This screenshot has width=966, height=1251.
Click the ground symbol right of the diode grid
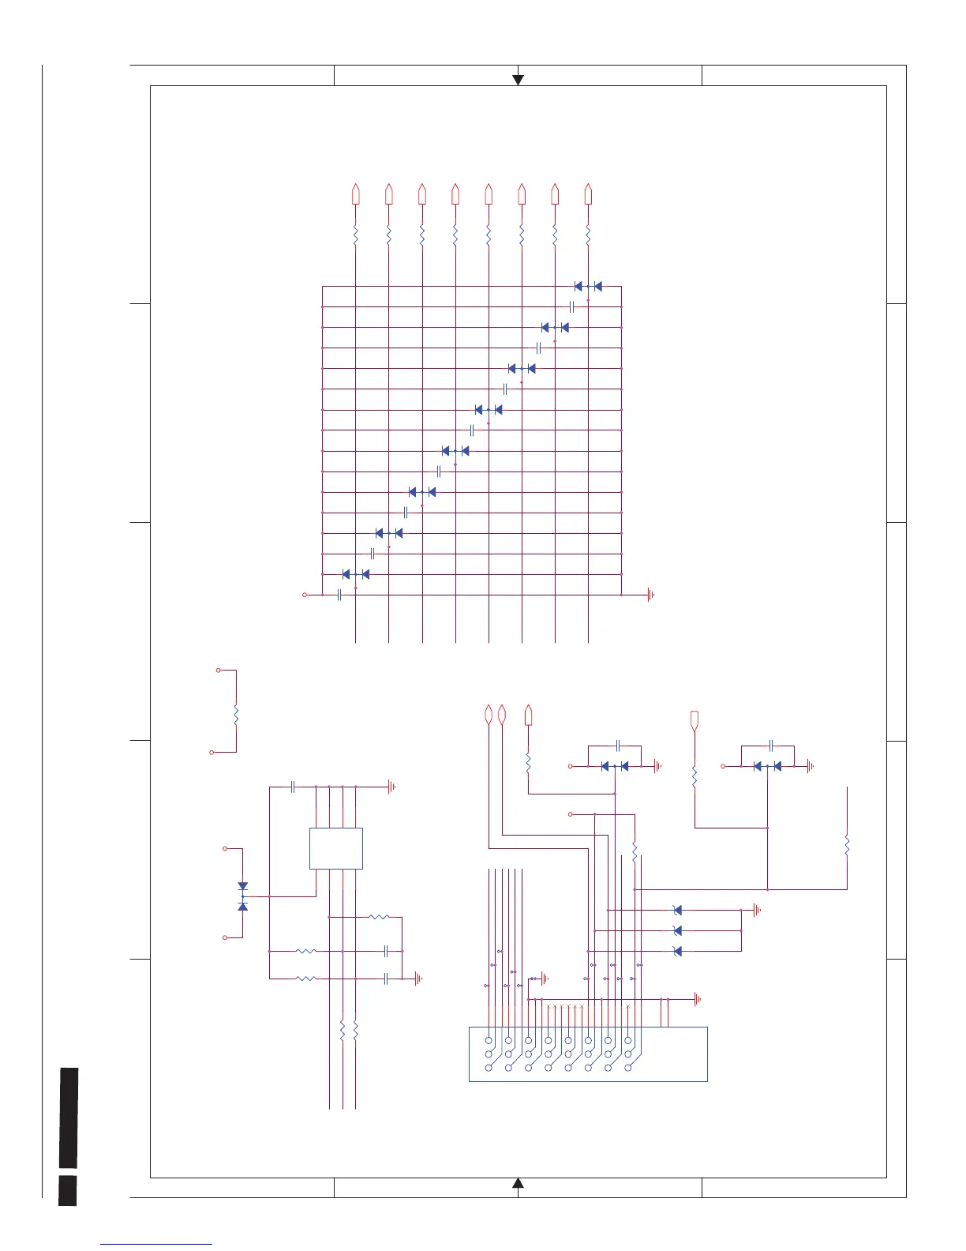click(x=650, y=595)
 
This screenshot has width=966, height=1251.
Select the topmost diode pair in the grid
click(x=588, y=287)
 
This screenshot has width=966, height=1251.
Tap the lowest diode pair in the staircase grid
click(x=356, y=574)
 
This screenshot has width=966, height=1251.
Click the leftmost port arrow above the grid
click(x=356, y=193)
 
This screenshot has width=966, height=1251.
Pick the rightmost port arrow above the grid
click(x=588, y=193)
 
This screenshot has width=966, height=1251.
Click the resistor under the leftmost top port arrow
click(x=356, y=235)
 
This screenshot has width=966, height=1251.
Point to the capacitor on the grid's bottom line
click(x=339, y=595)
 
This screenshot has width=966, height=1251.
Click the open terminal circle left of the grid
click(x=305, y=595)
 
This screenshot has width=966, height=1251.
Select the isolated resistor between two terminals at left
click(x=235, y=716)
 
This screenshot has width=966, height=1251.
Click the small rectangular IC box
click(x=336, y=848)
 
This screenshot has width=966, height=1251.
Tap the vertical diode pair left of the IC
click(x=242, y=896)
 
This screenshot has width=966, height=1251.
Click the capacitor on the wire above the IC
click(x=293, y=787)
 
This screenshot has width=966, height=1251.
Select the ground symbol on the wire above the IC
click(x=391, y=787)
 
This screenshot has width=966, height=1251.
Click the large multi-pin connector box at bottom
click(x=588, y=1054)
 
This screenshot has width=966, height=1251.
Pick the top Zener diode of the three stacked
click(x=677, y=911)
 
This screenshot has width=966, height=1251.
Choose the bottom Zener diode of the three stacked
click(x=677, y=952)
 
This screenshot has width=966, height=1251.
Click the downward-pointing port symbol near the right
click(x=695, y=720)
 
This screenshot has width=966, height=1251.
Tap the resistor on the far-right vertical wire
click(x=847, y=846)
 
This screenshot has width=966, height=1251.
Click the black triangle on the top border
click(x=518, y=79)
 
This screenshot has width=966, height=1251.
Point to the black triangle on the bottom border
click(x=518, y=1182)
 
